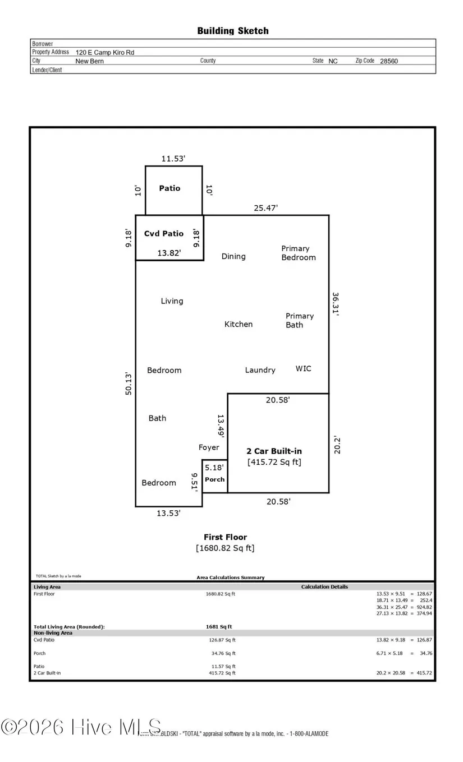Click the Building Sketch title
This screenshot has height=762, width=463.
(x=232, y=31)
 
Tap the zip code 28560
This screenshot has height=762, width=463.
(x=389, y=61)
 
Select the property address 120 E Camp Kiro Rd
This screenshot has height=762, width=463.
(x=105, y=52)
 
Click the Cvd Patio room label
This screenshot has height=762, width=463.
(x=164, y=233)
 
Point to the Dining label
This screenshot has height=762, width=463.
(x=233, y=256)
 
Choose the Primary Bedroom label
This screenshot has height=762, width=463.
(x=298, y=253)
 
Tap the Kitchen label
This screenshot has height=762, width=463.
(x=239, y=324)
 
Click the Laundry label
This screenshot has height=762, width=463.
(x=260, y=370)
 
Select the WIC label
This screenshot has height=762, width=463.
(x=303, y=368)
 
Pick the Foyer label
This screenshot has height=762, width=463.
(x=209, y=447)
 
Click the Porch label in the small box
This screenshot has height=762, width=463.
(x=214, y=479)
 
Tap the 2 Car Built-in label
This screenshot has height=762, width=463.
(x=274, y=451)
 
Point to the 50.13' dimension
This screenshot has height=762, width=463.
(x=129, y=384)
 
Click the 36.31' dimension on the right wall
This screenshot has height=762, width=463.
(x=335, y=304)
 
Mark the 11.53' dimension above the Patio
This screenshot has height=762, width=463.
(x=173, y=159)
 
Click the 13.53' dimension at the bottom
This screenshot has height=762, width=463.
(x=169, y=512)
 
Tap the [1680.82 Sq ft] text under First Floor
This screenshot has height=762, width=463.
(x=225, y=548)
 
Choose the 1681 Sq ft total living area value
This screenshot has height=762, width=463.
(x=219, y=626)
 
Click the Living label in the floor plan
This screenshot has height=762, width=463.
(x=172, y=301)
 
